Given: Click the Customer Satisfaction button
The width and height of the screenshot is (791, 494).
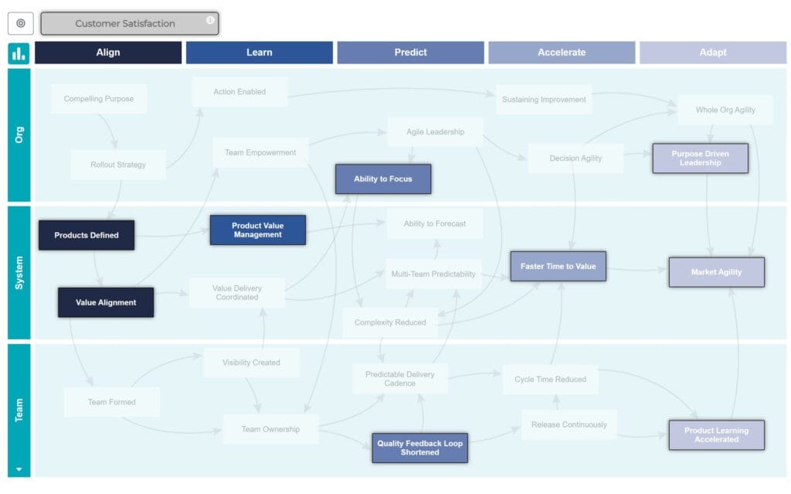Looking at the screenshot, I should click(x=125, y=24).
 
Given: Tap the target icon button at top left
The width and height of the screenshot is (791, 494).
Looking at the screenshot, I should click(x=20, y=23).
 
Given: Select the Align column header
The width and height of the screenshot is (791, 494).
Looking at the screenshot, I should click(x=108, y=53).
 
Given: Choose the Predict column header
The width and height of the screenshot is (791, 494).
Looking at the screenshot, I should click(x=410, y=53).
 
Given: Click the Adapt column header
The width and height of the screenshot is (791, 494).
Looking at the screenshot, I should click(x=712, y=53).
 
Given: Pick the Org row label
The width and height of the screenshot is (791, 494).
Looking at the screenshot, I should click(x=19, y=135).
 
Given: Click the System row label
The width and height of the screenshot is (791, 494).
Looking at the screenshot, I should click(x=19, y=272).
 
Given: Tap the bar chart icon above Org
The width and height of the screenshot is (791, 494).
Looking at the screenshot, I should click(x=19, y=53).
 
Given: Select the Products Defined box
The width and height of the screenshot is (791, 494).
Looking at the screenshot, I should click(x=87, y=235).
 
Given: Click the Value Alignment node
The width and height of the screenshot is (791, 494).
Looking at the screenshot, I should click(x=106, y=302).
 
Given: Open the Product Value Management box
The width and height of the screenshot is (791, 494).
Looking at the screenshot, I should click(x=257, y=230).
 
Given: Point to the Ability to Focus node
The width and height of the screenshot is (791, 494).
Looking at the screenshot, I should click(x=383, y=179).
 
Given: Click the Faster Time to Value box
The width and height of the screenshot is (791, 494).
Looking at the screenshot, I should click(x=558, y=266).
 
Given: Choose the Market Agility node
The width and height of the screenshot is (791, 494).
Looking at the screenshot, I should click(x=716, y=272).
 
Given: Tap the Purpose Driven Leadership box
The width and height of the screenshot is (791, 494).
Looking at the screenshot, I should click(x=700, y=158).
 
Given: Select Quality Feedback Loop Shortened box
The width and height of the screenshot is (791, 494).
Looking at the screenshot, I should click(x=419, y=448).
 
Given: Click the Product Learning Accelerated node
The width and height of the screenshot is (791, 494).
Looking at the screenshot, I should click(x=716, y=435).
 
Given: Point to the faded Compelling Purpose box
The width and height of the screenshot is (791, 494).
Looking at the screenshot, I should click(x=99, y=99).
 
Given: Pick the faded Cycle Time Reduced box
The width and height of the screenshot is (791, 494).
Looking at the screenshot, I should click(x=550, y=380).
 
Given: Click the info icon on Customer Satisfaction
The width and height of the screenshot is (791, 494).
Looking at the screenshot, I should click(x=210, y=20).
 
